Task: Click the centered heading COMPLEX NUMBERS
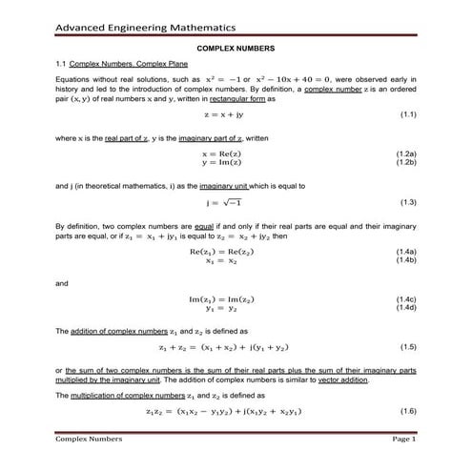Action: click(236, 48)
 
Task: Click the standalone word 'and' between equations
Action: click(62, 283)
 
